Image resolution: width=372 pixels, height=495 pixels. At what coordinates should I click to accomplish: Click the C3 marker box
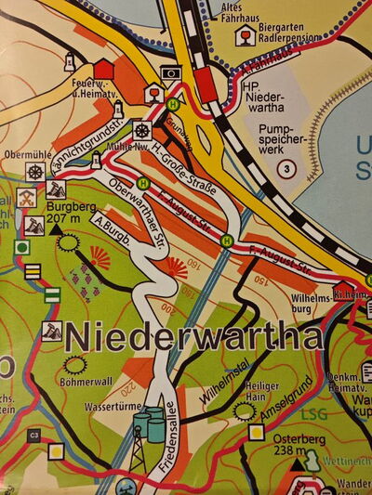click(x=33, y=435)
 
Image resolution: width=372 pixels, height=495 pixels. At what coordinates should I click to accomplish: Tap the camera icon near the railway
click(x=170, y=72)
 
